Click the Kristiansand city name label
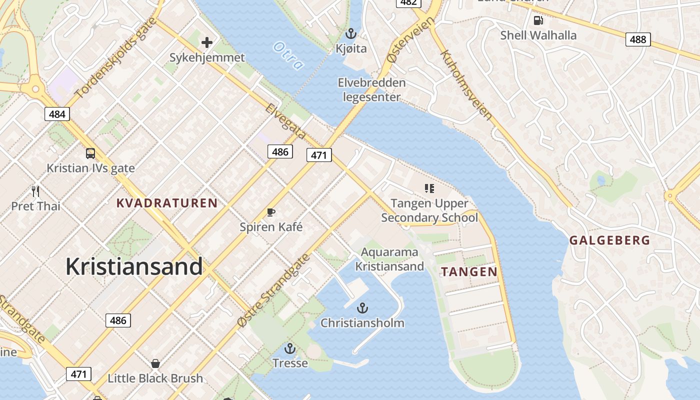coord(134,266)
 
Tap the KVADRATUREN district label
coord(167,203)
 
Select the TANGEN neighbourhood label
coord(469,272)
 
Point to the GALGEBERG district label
coord(610,240)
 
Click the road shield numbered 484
coord(57,114)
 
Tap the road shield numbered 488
coord(638,39)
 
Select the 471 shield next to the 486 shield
coord(319,155)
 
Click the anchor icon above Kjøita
coord(351,34)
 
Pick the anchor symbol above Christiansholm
coord(362,307)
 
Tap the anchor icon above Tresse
coord(290,348)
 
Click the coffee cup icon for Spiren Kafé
coord(271,212)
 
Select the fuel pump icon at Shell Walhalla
coord(538,20)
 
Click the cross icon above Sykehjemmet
coord(207,42)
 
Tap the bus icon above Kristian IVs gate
coord(90,153)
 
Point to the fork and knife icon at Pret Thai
coord(35,191)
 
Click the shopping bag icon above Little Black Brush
coord(155,363)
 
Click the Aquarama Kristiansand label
coord(389,259)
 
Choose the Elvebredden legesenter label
coord(371,89)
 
